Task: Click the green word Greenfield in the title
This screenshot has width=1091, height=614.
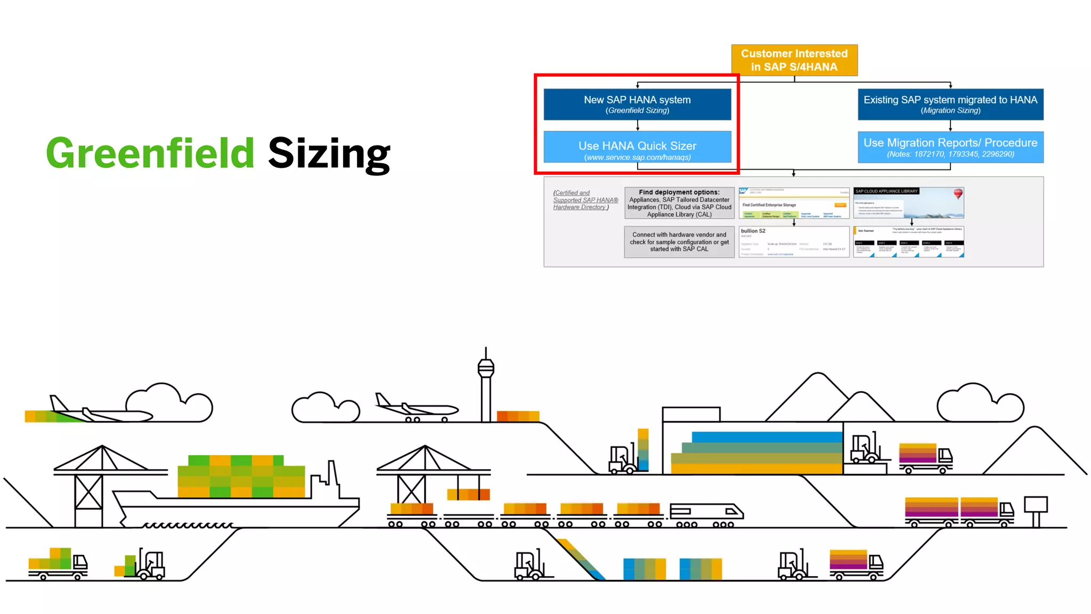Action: coord(150,153)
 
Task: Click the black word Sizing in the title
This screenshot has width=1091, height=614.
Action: coord(329,154)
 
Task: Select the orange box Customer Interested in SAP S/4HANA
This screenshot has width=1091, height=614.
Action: coord(794,60)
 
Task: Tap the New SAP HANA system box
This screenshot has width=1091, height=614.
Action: coord(637,104)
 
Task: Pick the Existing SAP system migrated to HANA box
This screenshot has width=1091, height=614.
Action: coord(950,104)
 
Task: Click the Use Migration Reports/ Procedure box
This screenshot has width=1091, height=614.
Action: coord(950,147)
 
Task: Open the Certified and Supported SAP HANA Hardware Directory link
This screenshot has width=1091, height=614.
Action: coord(584,200)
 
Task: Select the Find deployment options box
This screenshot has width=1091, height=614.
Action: coord(679,203)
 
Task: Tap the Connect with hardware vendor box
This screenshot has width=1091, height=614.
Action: coord(679,242)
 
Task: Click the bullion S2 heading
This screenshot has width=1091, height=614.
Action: coord(753,231)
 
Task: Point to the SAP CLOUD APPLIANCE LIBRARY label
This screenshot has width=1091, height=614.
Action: coord(886,191)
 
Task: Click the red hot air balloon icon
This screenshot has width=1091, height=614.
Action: coord(958,193)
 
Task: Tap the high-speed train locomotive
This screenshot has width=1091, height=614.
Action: coord(706,511)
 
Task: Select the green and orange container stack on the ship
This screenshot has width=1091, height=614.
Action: coord(241,476)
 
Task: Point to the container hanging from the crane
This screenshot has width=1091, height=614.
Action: coord(468,494)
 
